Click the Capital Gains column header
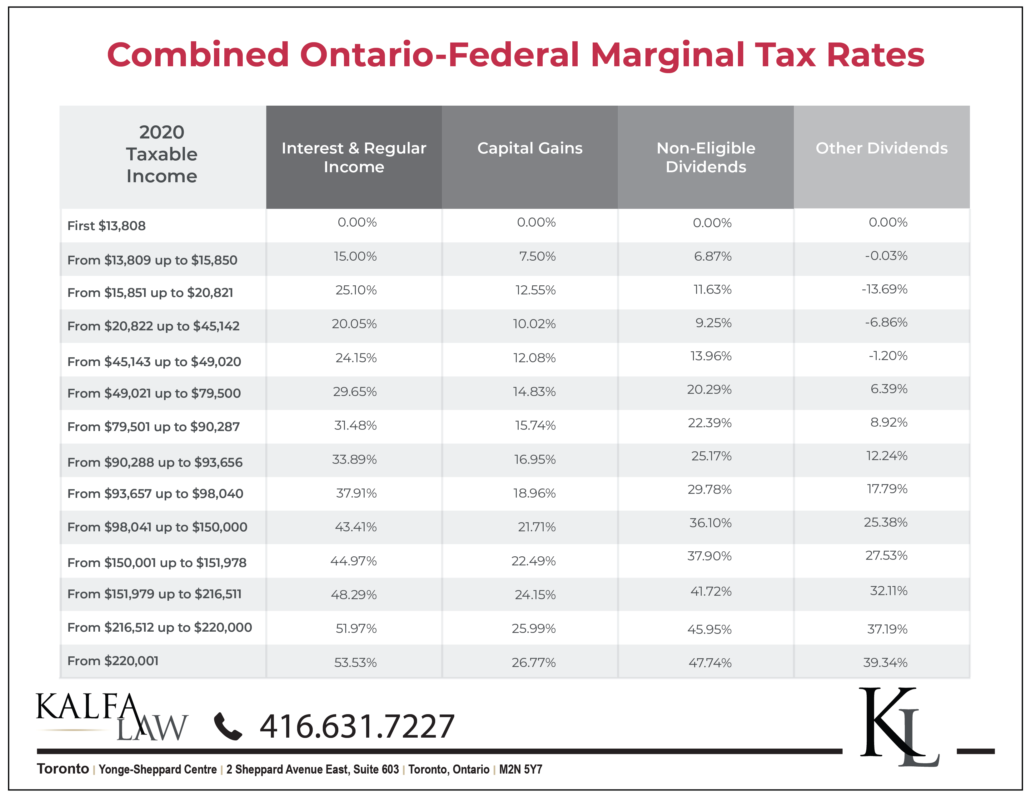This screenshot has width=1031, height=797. click(x=530, y=148)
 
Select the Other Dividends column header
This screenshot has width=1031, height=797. click(x=881, y=148)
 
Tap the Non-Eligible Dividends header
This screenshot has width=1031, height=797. click(x=706, y=157)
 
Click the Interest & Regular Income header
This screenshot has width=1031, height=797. click(x=354, y=157)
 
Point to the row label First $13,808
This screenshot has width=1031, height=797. click(x=106, y=226)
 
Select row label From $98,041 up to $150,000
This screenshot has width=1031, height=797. click(x=157, y=527)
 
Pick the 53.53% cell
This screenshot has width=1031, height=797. click(x=356, y=662)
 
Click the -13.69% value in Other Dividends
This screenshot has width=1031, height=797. click(x=885, y=289)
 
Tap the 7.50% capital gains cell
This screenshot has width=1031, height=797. click(x=537, y=256)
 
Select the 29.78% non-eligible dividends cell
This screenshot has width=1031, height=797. click(x=710, y=489)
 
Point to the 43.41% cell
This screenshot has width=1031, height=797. click(x=356, y=527)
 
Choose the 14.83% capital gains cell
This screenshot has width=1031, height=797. click(x=534, y=391)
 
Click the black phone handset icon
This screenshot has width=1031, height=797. click(x=228, y=726)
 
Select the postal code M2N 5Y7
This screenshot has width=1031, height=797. click(x=521, y=769)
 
